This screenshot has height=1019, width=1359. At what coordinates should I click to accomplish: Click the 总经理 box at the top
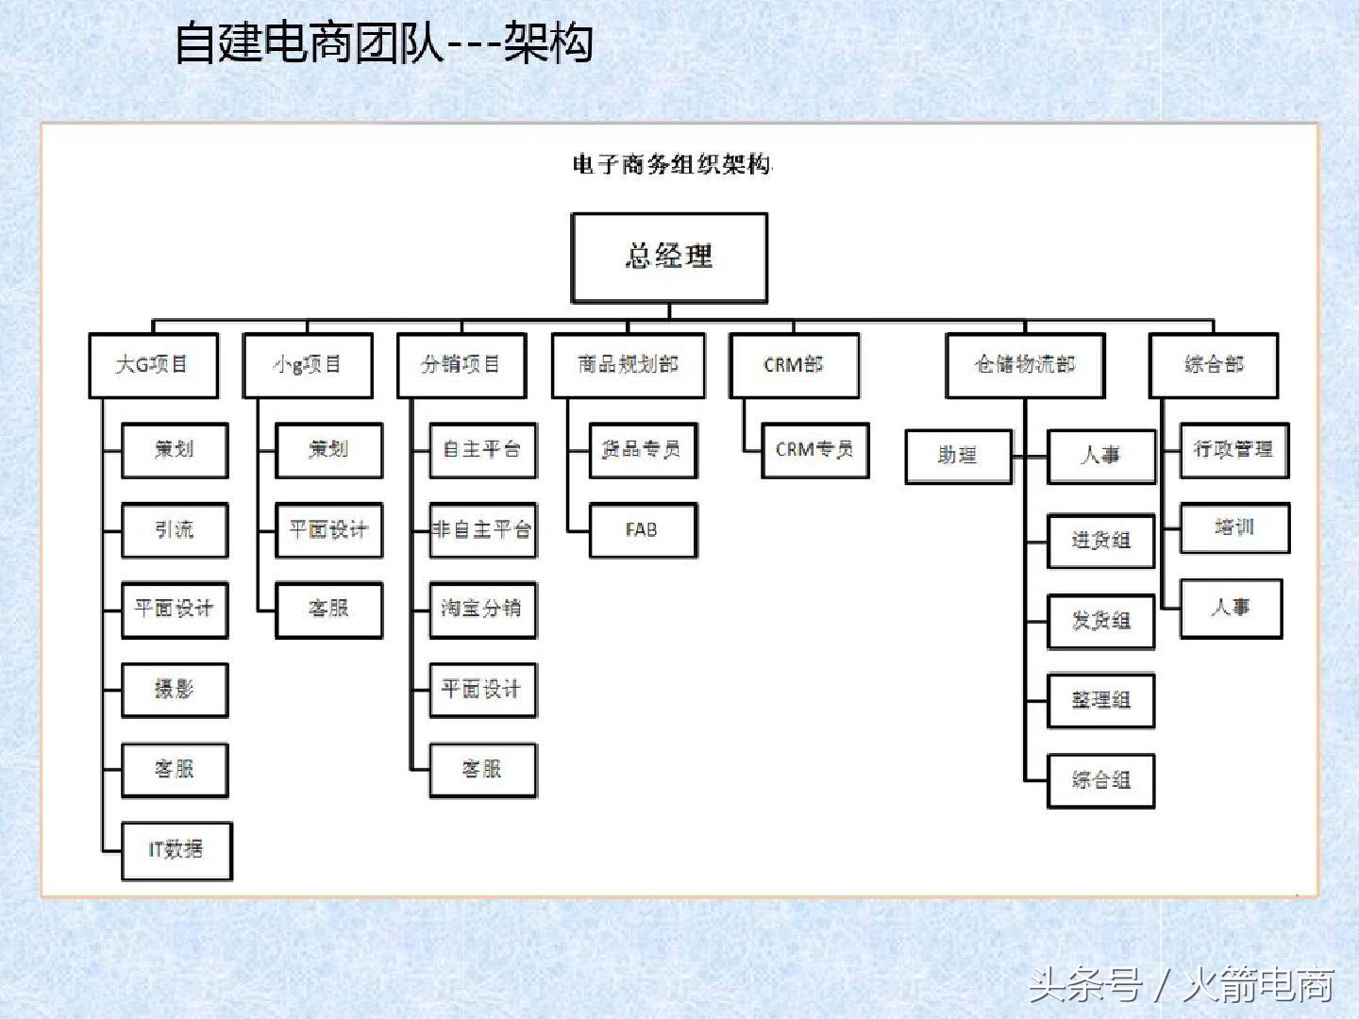click(x=669, y=257)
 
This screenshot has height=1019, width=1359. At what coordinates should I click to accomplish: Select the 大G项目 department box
click(x=153, y=365)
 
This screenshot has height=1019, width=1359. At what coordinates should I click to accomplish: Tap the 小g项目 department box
click(x=308, y=365)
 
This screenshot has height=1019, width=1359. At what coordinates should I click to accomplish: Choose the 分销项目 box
click(x=461, y=365)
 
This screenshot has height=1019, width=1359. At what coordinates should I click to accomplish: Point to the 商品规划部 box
click(x=628, y=365)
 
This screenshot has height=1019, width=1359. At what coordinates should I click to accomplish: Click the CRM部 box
click(x=794, y=365)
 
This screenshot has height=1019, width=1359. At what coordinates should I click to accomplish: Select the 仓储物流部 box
click(x=1025, y=365)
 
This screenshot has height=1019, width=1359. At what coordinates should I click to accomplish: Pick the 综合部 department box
click(x=1214, y=365)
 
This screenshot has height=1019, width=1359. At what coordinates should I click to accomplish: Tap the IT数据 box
click(x=176, y=850)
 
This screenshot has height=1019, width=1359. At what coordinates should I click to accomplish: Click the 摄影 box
click(x=175, y=690)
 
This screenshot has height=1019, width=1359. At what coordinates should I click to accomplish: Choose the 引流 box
click(x=175, y=530)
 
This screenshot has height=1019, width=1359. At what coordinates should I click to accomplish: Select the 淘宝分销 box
click(x=482, y=610)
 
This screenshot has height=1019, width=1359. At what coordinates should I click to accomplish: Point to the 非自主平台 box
click(x=482, y=530)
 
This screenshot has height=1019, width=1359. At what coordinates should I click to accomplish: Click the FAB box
click(x=643, y=530)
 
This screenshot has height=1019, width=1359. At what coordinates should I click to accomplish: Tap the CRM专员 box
click(x=814, y=450)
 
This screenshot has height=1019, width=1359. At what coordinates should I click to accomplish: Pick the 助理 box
click(x=958, y=457)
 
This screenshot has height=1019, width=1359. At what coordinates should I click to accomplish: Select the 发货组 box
click(x=1100, y=621)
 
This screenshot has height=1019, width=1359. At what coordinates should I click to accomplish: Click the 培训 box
click(x=1234, y=528)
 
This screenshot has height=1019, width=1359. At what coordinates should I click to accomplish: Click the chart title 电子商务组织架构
click(x=672, y=165)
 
